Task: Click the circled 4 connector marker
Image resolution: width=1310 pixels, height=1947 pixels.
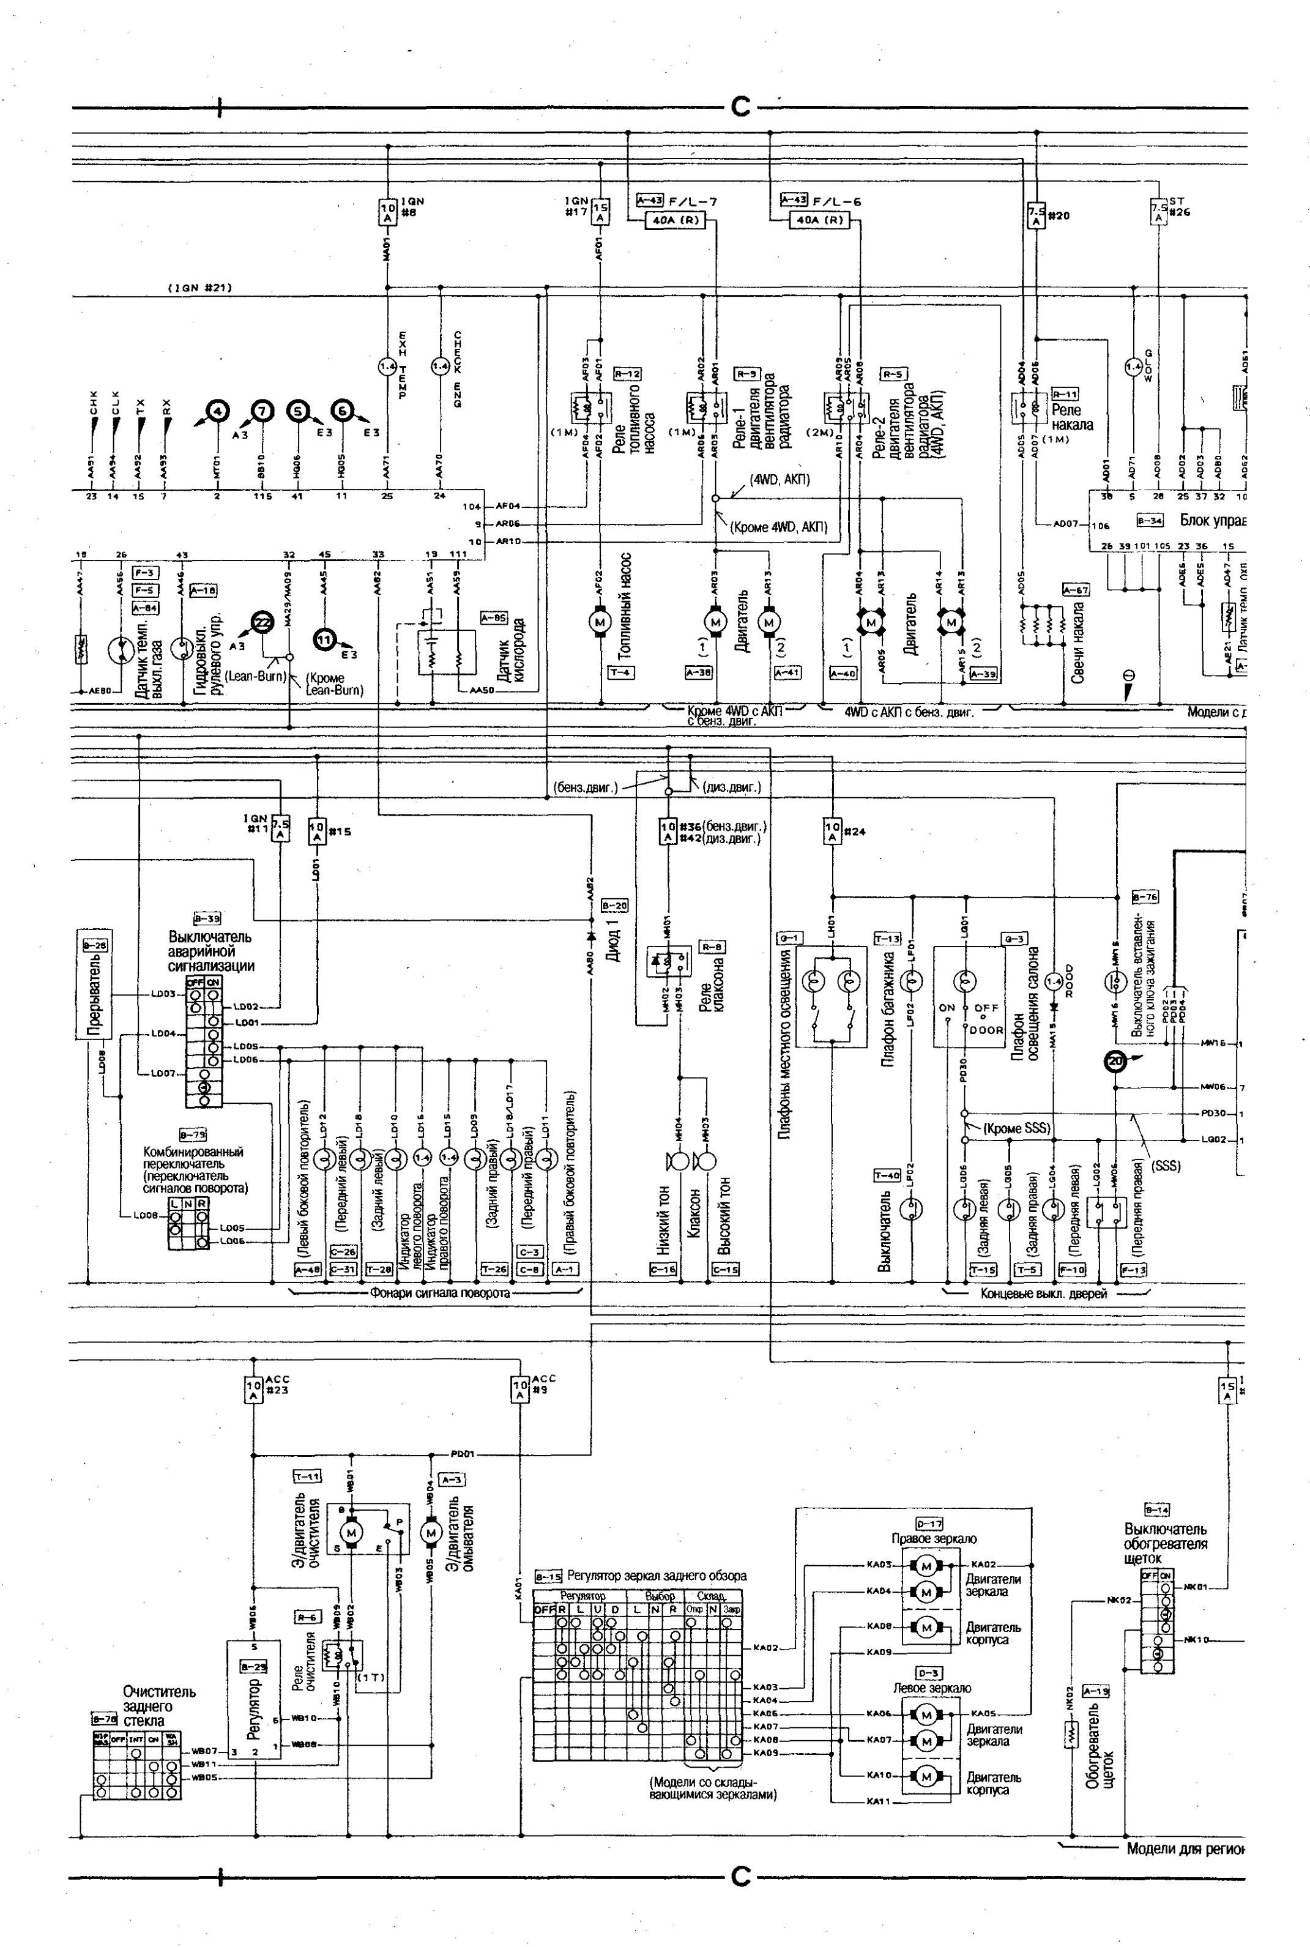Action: pos(217,410)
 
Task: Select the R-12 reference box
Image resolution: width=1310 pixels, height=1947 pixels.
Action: pos(627,373)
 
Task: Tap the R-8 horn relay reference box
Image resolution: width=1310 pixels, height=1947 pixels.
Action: pos(713,947)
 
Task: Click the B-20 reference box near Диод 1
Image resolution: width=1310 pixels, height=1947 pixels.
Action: pos(614,906)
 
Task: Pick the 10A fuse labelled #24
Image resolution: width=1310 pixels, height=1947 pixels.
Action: pos(832,830)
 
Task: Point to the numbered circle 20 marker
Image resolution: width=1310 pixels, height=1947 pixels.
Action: pos(1115,1062)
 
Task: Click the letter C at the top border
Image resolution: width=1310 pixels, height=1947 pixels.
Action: pos(740,107)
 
